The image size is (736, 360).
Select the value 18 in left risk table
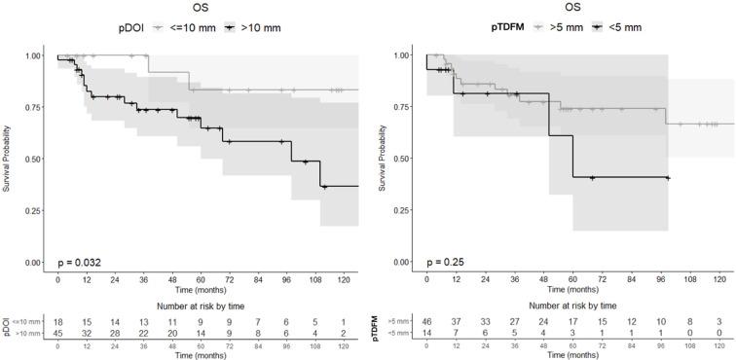pyautogui.click(x=57, y=321)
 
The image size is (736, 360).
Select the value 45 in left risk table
pyautogui.click(x=57, y=333)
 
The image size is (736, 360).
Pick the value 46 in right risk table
pyautogui.click(x=426, y=321)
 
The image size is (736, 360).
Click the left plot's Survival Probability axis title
pyautogui.click(x=7, y=159)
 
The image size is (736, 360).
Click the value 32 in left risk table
pyautogui.click(x=87, y=333)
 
